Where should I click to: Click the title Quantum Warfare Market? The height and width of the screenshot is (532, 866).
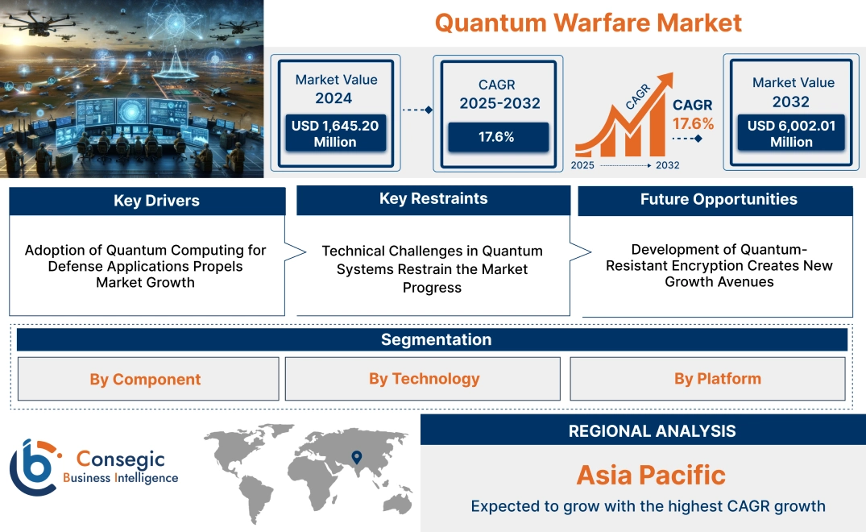(x=588, y=23)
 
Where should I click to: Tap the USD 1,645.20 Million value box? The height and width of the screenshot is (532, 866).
(x=335, y=134)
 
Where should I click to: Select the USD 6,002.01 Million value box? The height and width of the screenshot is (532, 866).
(x=791, y=134)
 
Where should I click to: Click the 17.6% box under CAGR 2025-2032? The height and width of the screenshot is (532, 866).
(x=496, y=136)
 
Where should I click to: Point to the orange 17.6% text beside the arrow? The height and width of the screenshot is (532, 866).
(x=694, y=123)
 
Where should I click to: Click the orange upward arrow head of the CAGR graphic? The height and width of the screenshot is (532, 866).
(x=665, y=79)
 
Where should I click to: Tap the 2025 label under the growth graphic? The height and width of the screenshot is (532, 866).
(x=584, y=165)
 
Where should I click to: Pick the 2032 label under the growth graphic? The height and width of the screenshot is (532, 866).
(x=667, y=165)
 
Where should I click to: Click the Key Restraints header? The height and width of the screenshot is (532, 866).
(x=433, y=199)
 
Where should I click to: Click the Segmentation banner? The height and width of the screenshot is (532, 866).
(x=436, y=339)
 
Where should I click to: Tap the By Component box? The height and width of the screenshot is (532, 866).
(x=145, y=379)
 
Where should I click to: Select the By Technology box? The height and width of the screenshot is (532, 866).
(x=424, y=378)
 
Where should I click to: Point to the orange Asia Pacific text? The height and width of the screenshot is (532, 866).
(x=651, y=475)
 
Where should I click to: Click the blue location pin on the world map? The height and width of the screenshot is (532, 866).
(x=355, y=459)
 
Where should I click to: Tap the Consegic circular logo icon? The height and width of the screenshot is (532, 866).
(x=34, y=466)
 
